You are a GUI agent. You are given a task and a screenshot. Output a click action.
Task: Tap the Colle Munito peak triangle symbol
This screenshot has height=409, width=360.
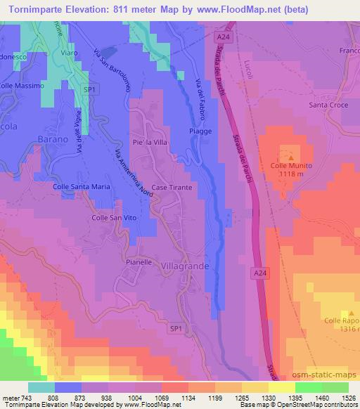[x=286, y=149]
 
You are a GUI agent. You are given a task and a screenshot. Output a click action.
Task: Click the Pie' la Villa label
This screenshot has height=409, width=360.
[x=151, y=139]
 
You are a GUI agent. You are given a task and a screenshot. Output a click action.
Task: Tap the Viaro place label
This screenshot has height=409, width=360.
[x=69, y=53]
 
